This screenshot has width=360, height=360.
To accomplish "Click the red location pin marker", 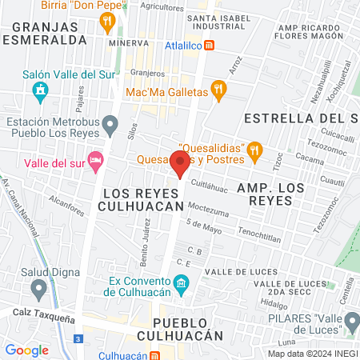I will coord(179,163).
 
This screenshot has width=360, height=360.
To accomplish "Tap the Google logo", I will coord(27,350).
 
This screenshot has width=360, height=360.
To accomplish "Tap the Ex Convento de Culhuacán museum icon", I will coord(181,282).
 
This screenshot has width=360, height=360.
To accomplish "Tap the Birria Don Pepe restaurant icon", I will coord(106,21).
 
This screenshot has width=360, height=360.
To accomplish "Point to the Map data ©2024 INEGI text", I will coord(312,354).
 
